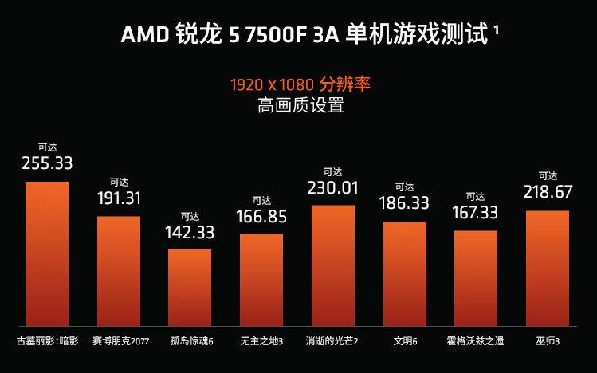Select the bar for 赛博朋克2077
(x=119, y=271)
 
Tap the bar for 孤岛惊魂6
(x=190, y=287)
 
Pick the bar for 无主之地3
(x=261, y=279)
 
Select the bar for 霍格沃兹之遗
(x=476, y=278)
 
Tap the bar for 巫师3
(x=548, y=268)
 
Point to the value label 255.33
(x=47, y=163)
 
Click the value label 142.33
(x=190, y=232)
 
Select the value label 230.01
(x=333, y=188)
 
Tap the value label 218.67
(x=548, y=193)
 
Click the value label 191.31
(x=119, y=198)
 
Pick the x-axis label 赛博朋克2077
(x=120, y=342)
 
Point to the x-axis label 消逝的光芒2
(x=332, y=342)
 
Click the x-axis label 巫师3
(x=548, y=342)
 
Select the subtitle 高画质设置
(x=300, y=105)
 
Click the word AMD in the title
(x=142, y=36)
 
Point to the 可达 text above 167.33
(x=476, y=196)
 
